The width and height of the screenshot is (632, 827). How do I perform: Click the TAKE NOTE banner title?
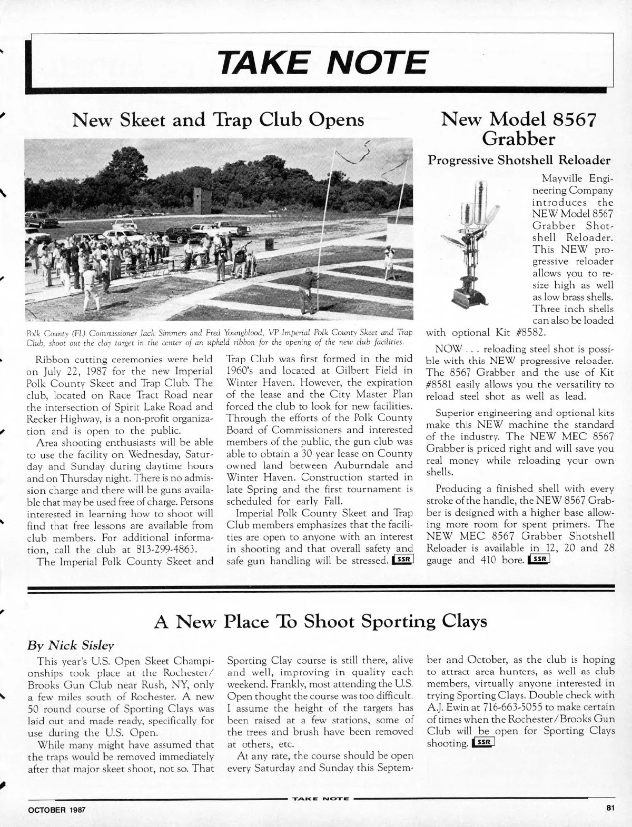(x=322, y=62)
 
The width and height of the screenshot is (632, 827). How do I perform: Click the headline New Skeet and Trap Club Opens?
(x=218, y=120)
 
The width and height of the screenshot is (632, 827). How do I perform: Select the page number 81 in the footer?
(x=609, y=808)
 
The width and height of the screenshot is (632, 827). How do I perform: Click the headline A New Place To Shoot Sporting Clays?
(x=320, y=622)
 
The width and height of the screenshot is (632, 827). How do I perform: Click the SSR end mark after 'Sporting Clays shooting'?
(x=483, y=743)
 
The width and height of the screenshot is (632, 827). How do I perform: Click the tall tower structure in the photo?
(x=202, y=201)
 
